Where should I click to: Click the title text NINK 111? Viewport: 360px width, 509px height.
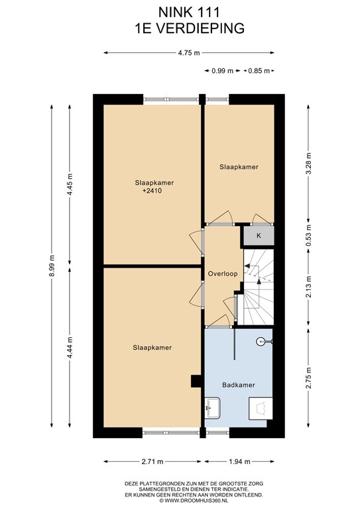[x=189, y=13]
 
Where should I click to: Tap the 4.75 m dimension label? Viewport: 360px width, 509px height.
[x=189, y=53]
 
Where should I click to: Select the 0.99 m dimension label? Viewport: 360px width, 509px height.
[x=222, y=71]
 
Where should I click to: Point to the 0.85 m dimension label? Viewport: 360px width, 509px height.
[x=259, y=71]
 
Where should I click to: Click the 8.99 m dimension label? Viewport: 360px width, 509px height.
[x=52, y=266]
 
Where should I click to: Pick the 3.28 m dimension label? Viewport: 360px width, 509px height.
[x=308, y=163]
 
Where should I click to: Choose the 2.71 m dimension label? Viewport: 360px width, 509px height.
[x=152, y=461]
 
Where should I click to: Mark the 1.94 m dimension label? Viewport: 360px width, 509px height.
[x=239, y=461]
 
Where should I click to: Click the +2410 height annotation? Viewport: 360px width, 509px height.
[x=152, y=191]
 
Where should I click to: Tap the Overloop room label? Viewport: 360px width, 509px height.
[x=223, y=274]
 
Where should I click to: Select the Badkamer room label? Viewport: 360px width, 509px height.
[x=239, y=385]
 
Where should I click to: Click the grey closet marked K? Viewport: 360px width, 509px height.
[x=259, y=236]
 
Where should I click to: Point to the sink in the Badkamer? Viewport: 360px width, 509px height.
[x=213, y=408]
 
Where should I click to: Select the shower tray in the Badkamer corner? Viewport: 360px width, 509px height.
[x=261, y=408]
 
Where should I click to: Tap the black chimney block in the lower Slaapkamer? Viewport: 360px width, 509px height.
[x=196, y=381]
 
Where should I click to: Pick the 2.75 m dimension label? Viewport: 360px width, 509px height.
[x=308, y=378]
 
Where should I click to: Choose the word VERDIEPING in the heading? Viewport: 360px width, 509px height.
[x=200, y=28]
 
